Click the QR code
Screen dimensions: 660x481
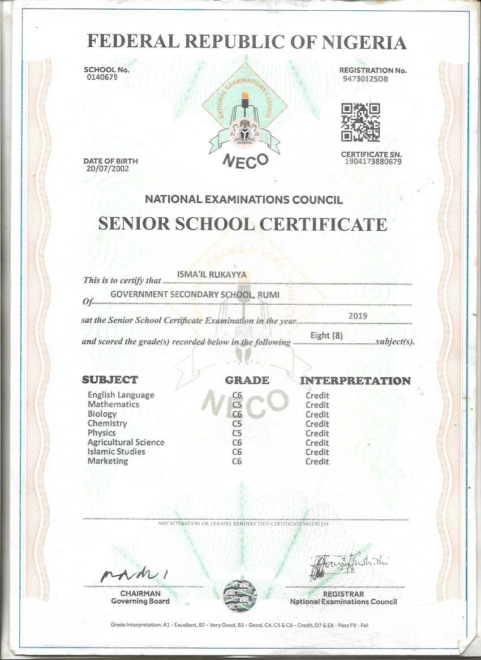360,122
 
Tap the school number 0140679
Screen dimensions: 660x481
102,77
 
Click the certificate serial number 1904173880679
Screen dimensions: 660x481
373,162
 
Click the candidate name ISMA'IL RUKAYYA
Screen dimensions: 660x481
204,275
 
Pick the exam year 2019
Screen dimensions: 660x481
358,315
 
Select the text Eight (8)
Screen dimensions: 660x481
327,335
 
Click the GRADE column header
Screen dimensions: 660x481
247,380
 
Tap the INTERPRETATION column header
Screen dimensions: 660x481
355,381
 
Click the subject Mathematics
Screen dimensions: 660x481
113,404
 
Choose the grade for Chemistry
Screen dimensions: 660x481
237,424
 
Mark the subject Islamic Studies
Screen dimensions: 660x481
116,452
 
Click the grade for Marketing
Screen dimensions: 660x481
237,461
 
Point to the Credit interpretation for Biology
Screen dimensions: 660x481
317,415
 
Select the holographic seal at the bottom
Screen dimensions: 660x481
240,596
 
